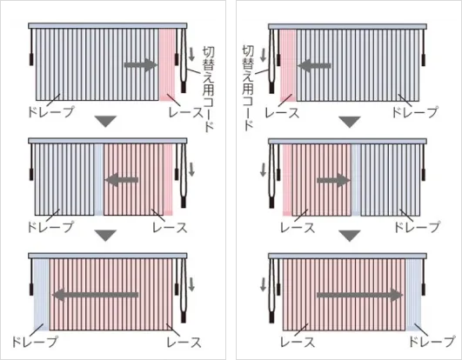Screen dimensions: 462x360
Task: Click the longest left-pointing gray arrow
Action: [96, 295]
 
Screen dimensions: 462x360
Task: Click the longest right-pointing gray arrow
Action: [359, 295]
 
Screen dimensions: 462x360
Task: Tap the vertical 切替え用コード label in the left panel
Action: [208, 90]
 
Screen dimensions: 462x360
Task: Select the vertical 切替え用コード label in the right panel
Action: [248, 88]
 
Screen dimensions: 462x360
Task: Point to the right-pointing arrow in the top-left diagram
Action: [142, 64]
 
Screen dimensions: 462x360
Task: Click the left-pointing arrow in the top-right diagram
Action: [314, 65]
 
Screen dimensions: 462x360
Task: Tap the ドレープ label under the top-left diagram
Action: [50, 112]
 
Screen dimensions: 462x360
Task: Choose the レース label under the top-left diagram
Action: [186, 112]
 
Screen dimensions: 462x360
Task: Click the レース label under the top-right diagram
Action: [282, 113]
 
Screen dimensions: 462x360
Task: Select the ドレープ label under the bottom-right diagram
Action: [432, 342]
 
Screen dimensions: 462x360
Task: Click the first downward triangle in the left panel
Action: [106, 121]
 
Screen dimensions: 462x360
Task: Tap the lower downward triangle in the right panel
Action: [350, 236]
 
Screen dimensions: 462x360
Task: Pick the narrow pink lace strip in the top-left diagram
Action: [167, 64]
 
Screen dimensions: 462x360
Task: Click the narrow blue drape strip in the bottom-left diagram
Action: [41, 295]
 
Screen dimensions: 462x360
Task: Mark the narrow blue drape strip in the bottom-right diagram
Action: [413, 295]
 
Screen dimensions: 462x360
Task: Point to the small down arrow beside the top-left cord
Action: [191, 55]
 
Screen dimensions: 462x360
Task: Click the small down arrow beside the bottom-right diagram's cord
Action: [263, 284]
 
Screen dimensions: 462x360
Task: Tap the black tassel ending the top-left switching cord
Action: [184, 87]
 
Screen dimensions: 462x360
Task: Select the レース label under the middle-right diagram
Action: [298, 228]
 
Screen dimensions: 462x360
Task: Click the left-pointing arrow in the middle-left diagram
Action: [122, 179]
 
